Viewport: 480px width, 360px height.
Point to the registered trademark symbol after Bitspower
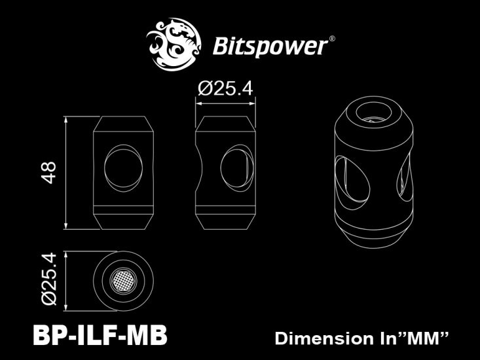pyautogui.click(x=332, y=39)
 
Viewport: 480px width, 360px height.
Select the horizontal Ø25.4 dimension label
pyautogui.click(x=225, y=89)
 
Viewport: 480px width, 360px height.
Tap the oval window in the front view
pyautogui.click(x=122, y=167)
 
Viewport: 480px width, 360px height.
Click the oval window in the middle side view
pyautogui.click(x=235, y=167)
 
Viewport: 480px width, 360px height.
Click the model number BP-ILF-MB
pyautogui.click(x=100, y=336)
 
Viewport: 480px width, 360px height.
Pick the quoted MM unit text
pyautogui.click(x=424, y=338)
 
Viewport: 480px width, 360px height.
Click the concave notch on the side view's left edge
pyautogui.click(x=198, y=168)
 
